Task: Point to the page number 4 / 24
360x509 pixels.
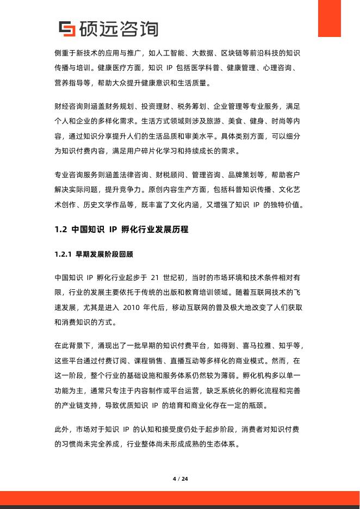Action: point(180,479)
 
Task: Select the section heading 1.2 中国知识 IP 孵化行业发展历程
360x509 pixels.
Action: point(122,229)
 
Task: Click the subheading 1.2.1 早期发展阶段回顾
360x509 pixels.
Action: point(94,254)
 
